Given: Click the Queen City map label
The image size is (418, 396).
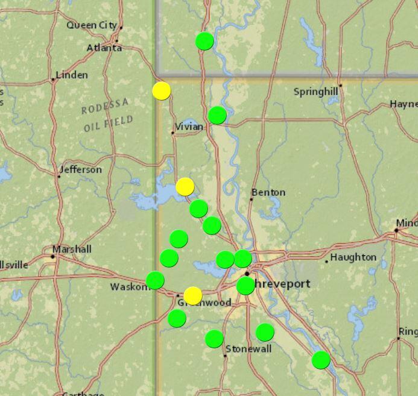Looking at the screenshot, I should tap(92, 25).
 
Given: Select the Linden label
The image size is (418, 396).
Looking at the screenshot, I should tap(72, 75).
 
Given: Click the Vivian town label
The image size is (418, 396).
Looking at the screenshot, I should tap(189, 127).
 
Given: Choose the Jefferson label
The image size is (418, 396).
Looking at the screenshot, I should tap(83, 170).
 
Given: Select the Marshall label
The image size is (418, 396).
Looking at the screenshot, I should tap(72, 249).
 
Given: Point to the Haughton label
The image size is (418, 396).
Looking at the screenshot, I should tap(353, 257).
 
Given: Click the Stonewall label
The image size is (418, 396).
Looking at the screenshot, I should tap(249, 349).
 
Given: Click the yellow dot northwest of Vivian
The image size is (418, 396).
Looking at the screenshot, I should tap(161, 90).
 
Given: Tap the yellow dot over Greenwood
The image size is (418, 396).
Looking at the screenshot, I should tap(192, 295).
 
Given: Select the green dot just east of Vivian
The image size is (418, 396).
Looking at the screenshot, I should tap(217, 115).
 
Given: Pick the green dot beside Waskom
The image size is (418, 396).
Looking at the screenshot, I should tap(155, 280).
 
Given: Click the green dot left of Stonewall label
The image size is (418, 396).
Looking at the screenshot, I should tap(214, 339).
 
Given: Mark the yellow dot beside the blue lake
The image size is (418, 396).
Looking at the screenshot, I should tap(185, 187).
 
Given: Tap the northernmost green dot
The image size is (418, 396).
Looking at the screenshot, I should tap(204, 41).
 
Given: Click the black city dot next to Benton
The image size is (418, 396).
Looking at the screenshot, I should tap(252, 199).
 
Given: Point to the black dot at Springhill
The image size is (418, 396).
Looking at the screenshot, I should tap(340, 86).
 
